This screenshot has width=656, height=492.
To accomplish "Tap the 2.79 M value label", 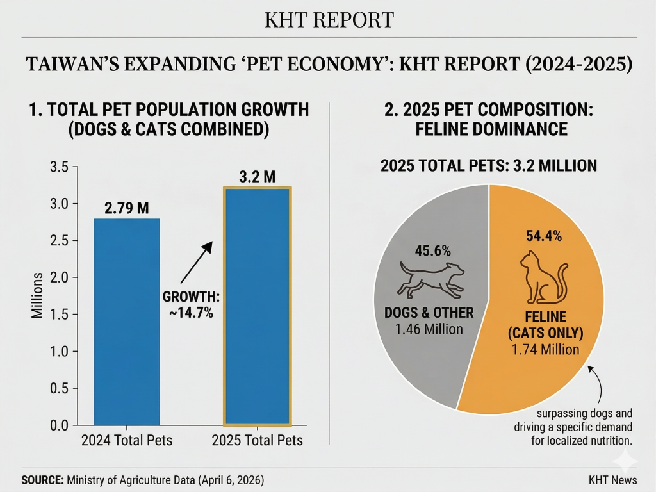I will pyautogui.click(x=126, y=208).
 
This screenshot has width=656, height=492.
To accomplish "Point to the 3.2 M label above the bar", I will pyautogui.click(x=257, y=177).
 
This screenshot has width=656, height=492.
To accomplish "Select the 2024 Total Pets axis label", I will pyautogui.click(x=126, y=441).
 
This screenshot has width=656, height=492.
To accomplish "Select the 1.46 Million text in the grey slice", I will pyautogui.click(x=430, y=329).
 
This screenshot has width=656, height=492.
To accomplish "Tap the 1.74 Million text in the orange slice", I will pyautogui.click(x=546, y=350).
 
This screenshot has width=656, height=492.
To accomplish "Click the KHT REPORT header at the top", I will pyautogui.click(x=329, y=20).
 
